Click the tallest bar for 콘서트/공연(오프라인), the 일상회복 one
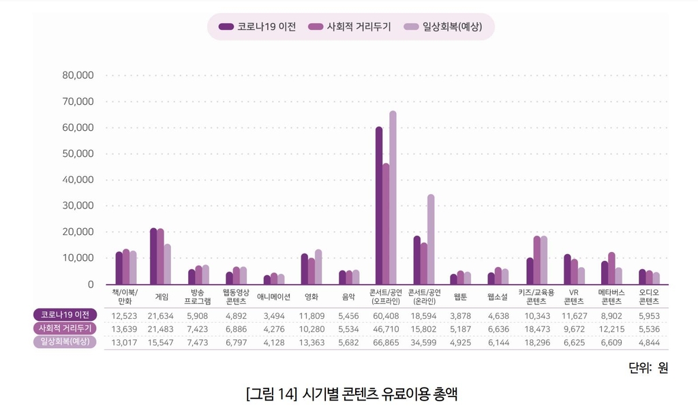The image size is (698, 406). [x=393, y=198]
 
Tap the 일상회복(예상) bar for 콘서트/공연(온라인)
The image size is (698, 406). [x=431, y=239]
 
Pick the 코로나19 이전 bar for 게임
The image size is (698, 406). [x=154, y=256]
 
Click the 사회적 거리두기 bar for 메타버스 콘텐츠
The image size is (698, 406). [x=611, y=268]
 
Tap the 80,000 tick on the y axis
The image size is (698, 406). [x=78, y=75]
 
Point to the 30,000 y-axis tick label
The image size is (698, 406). [x=78, y=206]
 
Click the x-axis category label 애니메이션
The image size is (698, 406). [x=273, y=296]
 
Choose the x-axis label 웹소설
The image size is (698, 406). [x=498, y=296]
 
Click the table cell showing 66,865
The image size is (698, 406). [x=386, y=341]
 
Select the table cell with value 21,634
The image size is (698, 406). [x=162, y=315]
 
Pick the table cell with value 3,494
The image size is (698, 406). [x=273, y=315]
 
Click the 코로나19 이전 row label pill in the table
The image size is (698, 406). [x=65, y=315]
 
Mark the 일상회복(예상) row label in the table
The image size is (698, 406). [x=65, y=341]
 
